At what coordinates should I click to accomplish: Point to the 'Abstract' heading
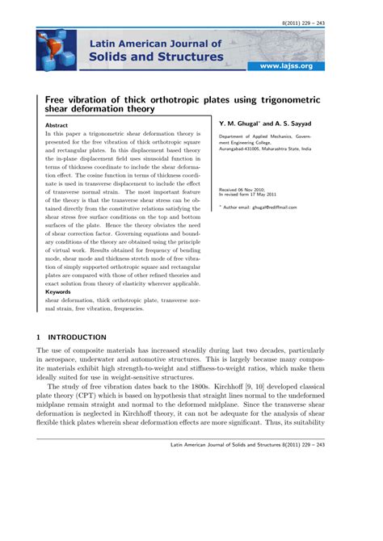tap(57, 126)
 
